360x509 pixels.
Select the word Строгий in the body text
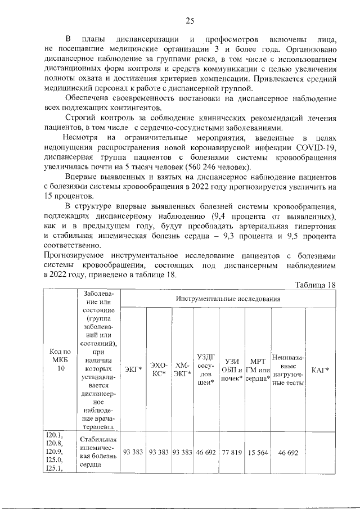[82, 118]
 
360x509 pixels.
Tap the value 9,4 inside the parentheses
[220, 217]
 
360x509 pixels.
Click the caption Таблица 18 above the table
[315, 285]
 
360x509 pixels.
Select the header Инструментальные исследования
[228, 299]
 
